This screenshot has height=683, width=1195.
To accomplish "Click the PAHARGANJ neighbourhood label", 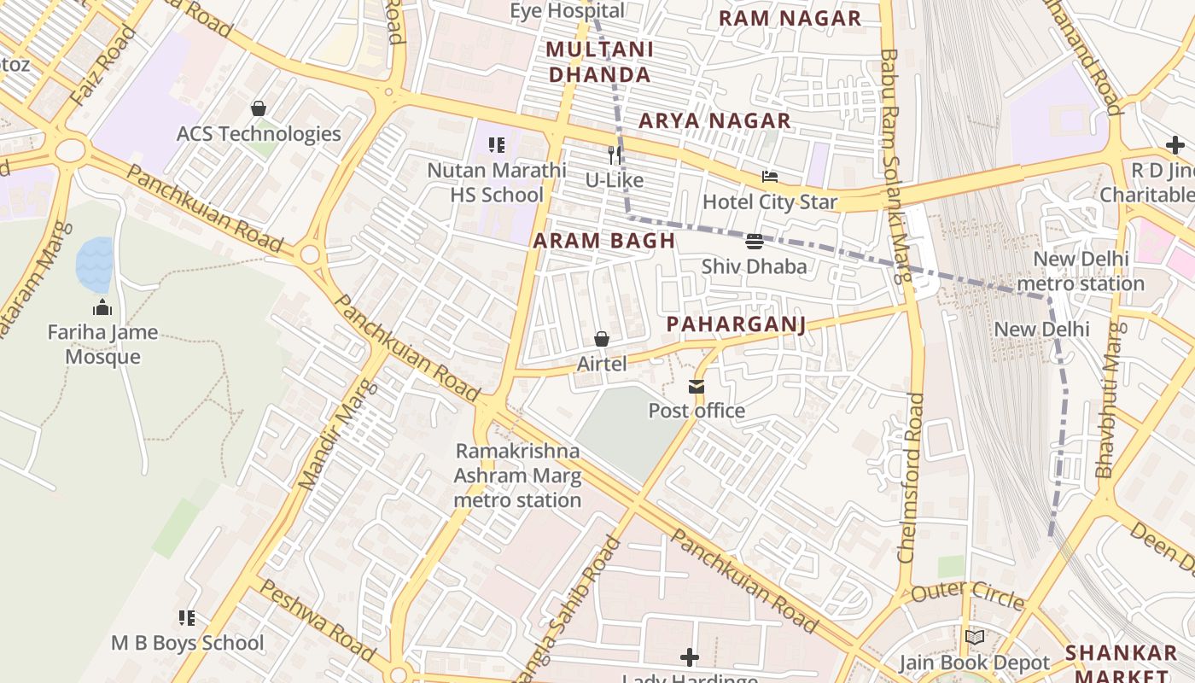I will (x=736, y=324).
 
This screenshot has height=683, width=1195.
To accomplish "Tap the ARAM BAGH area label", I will (x=604, y=241).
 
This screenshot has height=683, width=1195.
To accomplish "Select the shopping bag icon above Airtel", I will (x=602, y=339).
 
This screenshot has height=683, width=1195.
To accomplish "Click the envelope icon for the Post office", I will (x=697, y=387).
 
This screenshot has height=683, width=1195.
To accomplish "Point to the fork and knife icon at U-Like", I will (x=614, y=155).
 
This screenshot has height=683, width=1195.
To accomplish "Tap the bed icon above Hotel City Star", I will (x=769, y=178).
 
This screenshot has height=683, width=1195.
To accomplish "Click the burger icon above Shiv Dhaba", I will (x=754, y=242).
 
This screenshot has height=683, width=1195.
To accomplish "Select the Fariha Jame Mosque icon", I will (x=102, y=307).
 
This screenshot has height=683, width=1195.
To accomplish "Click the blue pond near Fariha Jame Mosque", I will (x=94, y=265).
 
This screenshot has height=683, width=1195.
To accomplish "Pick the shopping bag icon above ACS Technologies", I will (x=258, y=108).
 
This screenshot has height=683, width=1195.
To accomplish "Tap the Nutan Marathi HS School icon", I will (x=497, y=145).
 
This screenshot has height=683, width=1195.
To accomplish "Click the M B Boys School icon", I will (x=187, y=617).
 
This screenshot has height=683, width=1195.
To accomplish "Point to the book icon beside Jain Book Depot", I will (x=974, y=637).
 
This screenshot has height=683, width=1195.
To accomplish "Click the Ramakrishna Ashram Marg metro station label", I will (x=517, y=476).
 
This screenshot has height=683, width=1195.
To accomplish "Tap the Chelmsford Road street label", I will (x=911, y=477).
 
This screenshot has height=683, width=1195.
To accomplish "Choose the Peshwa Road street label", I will (x=317, y=620).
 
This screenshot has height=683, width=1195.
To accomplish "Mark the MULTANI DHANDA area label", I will (x=599, y=61).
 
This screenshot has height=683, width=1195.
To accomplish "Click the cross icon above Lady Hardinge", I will (x=690, y=657).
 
